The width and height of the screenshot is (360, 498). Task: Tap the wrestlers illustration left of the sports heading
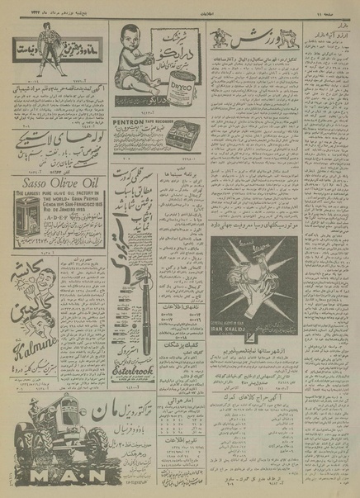pyautogui.click(x=218, y=37)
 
